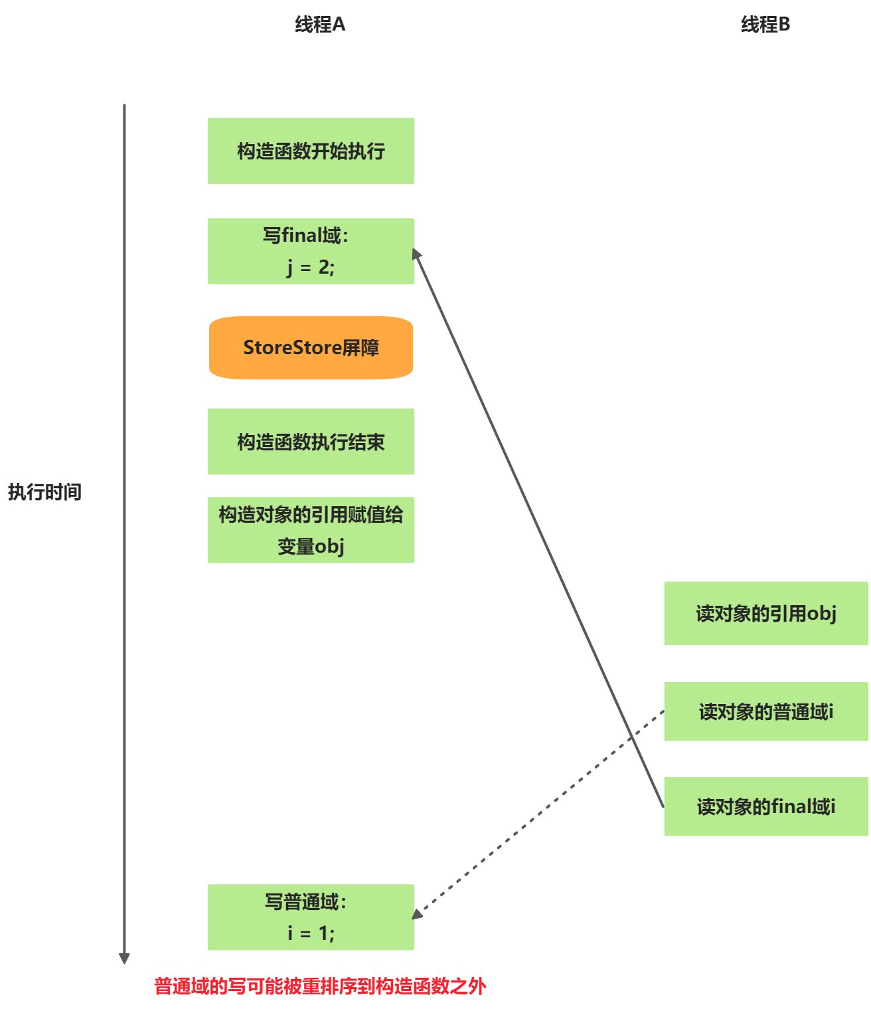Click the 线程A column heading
[x=319, y=25]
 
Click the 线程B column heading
[x=765, y=25]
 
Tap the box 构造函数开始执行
[x=311, y=151]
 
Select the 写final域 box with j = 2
[x=311, y=251]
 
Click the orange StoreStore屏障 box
[x=311, y=347]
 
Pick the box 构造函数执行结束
[x=311, y=441]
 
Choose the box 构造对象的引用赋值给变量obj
[x=311, y=529]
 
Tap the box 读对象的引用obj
[x=766, y=613]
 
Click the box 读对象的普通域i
[x=766, y=711]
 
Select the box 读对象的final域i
[x=766, y=806]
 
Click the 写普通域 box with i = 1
[x=311, y=917]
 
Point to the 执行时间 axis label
[x=44, y=492]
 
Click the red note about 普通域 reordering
[x=320, y=986]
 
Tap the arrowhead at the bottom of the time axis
[x=124, y=958]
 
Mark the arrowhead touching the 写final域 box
[x=416, y=253]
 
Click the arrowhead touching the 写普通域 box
[x=417, y=914]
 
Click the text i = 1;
[x=311, y=933]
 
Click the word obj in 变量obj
[x=329, y=546]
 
